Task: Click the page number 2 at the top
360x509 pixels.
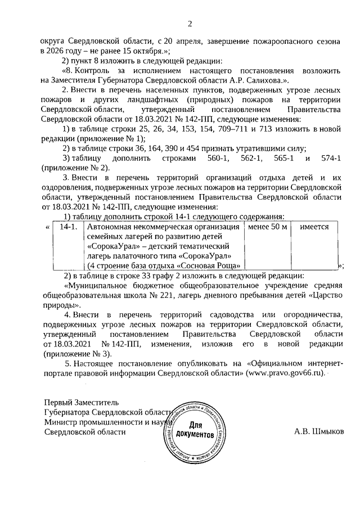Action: [x=190, y=24]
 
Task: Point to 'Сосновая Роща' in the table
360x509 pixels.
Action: [x=212, y=265]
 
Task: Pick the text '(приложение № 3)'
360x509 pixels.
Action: [x=76, y=354]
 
